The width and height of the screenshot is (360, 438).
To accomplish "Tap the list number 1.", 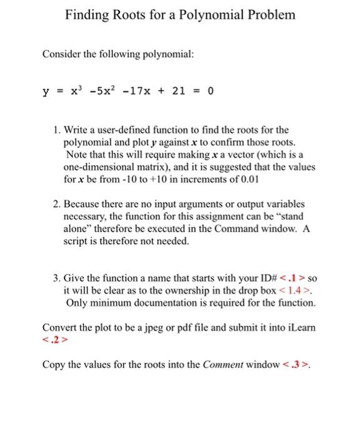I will click(x=57, y=130).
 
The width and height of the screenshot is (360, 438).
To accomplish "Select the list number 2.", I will click(x=57, y=204).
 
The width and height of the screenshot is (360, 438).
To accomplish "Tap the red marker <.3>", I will click(x=299, y=365).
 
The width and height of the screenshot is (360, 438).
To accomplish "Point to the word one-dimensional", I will click(x=98, y=167).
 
